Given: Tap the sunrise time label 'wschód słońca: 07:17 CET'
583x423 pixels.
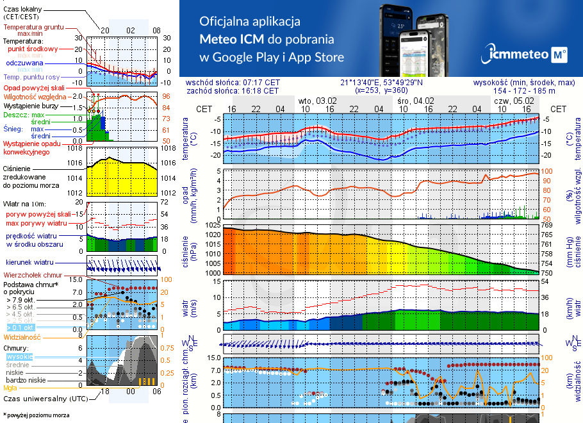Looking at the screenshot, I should click(x=233, y=83).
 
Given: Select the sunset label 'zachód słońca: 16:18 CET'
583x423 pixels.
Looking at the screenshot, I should click(x=232, y=91).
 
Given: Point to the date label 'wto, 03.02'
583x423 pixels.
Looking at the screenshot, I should click(x=317, y=101).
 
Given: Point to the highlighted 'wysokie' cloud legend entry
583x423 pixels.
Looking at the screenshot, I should click(x=19, y=356).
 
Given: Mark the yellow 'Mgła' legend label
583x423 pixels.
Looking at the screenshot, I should click(x=10, y=388).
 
